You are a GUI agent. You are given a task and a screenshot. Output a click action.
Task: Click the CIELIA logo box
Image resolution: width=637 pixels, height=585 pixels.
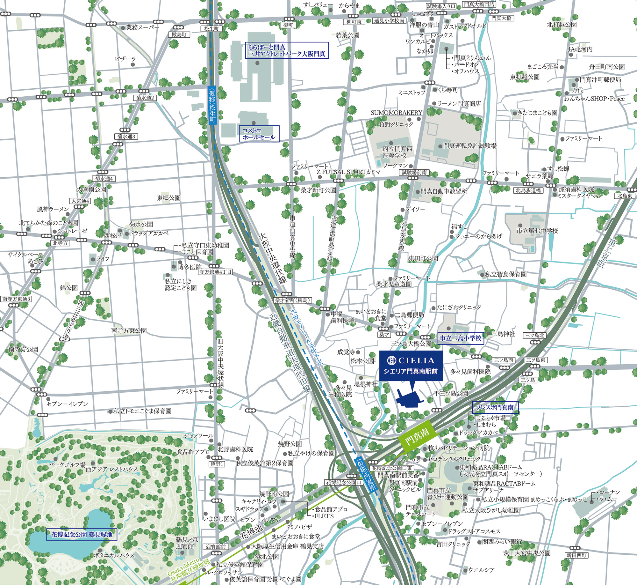(411, 366)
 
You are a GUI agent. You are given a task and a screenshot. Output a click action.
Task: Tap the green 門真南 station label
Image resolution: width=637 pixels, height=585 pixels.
(417, 436)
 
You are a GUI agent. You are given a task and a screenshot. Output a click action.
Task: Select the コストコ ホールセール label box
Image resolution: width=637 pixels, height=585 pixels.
(259, 134)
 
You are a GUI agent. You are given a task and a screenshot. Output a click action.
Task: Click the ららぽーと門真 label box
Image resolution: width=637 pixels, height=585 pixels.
(286, 50)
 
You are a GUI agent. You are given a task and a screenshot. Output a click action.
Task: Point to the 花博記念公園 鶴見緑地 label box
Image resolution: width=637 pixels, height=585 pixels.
(82, 534)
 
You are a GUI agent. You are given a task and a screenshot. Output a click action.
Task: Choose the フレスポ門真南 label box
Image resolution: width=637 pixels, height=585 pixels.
(495, 407)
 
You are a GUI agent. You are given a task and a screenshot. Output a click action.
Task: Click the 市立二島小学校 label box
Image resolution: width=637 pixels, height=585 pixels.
(460, 338)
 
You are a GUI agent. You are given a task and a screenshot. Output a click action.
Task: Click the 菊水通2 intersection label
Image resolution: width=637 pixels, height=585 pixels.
(145, 98)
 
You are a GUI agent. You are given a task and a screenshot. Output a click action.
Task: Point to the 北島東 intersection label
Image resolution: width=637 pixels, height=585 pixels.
(624, 196)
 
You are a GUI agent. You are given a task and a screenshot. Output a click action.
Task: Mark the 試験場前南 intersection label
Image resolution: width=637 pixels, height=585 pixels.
(414, 172)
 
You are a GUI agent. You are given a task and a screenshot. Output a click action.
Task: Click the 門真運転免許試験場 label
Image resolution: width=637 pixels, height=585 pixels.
(469, 146)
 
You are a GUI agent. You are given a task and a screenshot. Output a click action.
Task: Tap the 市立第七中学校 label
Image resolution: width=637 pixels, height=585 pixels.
(537, 231)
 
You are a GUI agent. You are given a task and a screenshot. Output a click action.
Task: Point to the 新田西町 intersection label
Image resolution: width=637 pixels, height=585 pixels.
(576, 555)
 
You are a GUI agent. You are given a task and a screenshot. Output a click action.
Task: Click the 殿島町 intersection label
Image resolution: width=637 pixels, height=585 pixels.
(179, 34)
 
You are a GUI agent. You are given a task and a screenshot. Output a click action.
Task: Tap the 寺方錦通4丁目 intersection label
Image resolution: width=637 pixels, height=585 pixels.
(216, 272)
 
